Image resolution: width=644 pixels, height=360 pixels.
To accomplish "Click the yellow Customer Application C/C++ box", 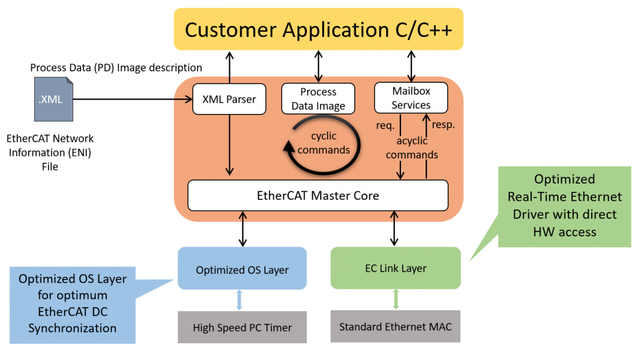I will (319, 29).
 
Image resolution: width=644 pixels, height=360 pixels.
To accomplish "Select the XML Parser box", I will (229, 99).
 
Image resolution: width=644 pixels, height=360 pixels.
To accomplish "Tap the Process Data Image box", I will (318, 99).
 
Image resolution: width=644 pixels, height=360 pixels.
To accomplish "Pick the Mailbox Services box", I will (411, 98).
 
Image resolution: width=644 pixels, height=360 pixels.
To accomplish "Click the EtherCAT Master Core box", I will (318, 196).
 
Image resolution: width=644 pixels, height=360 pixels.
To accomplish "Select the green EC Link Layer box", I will (395, 268).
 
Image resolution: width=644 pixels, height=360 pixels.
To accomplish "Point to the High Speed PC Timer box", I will (242, 328).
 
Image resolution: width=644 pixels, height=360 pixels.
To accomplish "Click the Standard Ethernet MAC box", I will (395, 327).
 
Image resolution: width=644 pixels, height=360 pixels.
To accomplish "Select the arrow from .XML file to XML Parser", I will (132, 100).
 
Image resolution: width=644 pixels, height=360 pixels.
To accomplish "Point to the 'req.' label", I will (385, 125).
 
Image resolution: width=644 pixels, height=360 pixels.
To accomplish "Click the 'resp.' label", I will (444, 125).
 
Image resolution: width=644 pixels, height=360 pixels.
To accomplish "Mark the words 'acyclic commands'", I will (412, 148).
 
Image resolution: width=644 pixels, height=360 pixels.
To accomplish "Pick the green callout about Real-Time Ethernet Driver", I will (564, 206).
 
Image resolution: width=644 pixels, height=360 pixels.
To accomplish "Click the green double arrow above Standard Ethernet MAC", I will (395, 299).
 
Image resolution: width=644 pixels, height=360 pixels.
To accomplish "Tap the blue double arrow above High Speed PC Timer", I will (239, 300).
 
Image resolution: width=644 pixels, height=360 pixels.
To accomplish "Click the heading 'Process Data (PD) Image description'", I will (116, 68).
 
